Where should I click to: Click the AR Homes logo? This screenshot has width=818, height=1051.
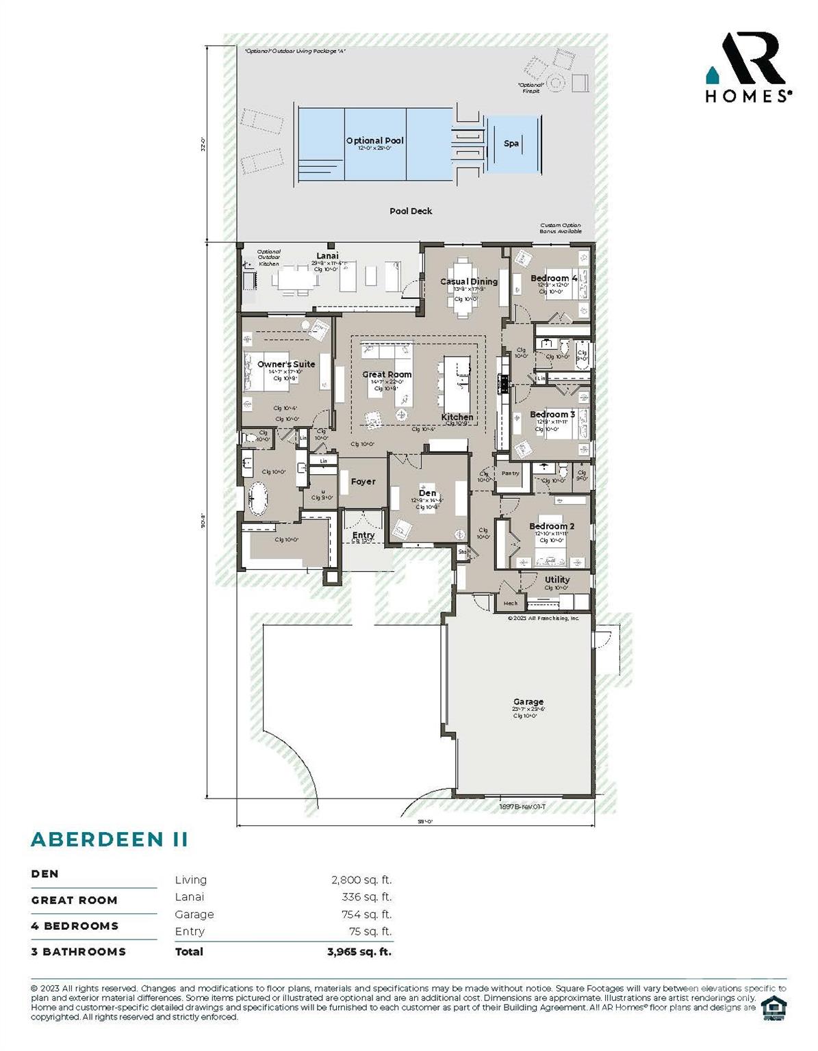[748, 68]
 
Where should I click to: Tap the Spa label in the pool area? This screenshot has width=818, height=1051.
[511, 144]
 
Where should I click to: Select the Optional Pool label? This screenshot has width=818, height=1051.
[374, 141]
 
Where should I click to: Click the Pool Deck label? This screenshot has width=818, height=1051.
[411, 211]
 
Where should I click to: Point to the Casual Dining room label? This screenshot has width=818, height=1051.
[469, 281]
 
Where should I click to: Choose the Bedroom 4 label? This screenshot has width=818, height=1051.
[553, 278]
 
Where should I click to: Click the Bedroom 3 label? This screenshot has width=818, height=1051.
[552, 415]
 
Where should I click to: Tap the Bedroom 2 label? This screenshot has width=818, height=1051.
[552, 526]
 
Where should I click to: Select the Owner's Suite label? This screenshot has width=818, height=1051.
[286, 364]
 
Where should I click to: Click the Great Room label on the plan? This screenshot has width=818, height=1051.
[387, 374]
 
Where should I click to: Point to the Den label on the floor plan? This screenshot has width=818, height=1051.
[427, 493]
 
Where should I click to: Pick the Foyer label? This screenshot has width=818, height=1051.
[363, 482]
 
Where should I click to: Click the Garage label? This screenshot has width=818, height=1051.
[528, 702]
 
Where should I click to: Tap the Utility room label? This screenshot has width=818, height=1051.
[557, 580]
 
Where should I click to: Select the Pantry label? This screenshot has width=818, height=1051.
[510, 473]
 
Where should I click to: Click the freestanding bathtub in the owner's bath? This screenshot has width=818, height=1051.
[258, 499]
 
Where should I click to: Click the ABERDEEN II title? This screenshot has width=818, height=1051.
[110, 840]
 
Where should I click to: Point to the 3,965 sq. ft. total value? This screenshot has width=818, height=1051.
[359, 952]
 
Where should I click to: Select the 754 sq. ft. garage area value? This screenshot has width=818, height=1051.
[366, 915]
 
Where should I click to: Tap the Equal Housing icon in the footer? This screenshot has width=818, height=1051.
[774, 1008]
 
